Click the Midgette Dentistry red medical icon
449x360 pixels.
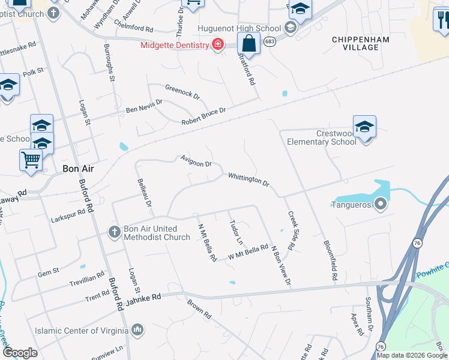[x=216, y=44]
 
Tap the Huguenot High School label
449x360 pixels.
[x=240, y=28]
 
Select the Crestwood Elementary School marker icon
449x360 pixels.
[x=364, y=127]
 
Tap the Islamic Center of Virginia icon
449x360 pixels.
[x=138, y=329]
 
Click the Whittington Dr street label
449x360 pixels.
[x=249, y=179]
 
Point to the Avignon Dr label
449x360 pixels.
[x=196, y=160]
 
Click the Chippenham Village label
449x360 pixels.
[x=361, y=44]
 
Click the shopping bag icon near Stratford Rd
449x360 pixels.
[x=249, y=44]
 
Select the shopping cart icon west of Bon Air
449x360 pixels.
[x=30, y=160]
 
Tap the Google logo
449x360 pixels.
[x=20, y=353]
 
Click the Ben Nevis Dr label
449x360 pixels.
[x=144, y=107]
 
